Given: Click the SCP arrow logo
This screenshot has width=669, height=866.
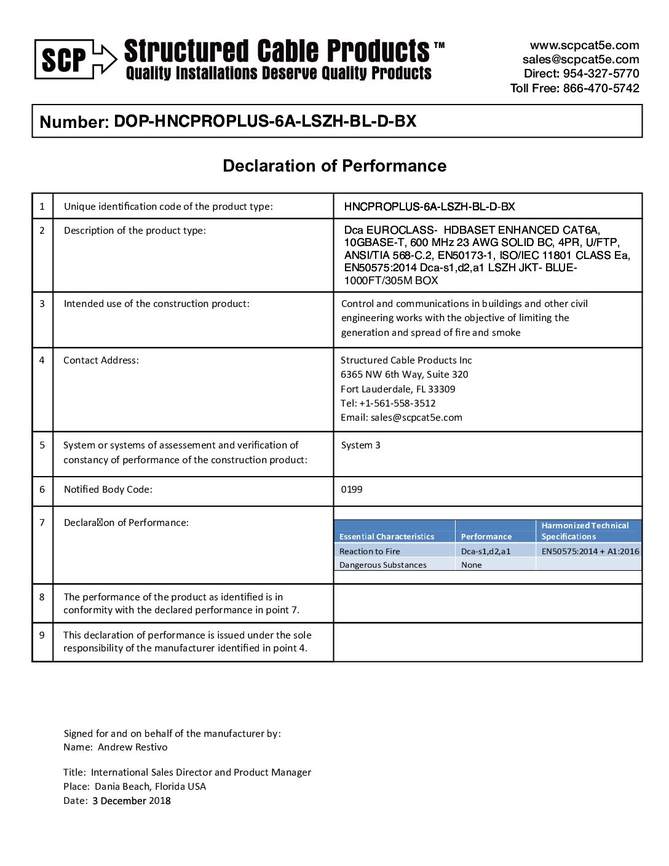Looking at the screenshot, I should [75, 60].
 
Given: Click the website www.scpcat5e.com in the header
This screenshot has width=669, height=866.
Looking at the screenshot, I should [584, 46].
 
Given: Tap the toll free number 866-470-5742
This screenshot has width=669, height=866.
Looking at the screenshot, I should [601, 88].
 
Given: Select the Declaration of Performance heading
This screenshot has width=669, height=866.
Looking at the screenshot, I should [334, 166].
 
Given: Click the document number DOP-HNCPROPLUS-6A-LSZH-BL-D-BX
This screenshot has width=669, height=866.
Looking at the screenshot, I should [265, 121].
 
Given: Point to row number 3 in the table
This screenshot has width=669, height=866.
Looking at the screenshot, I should [42, 303].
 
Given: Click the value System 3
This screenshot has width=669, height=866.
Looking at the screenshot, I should [360, 445].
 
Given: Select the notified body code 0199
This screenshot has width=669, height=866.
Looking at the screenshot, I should [352, 490].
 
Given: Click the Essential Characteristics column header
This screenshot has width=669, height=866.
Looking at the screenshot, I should [387, 537].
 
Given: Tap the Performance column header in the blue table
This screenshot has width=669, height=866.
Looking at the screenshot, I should [486, 537].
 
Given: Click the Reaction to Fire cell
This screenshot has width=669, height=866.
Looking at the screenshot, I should [370, 552].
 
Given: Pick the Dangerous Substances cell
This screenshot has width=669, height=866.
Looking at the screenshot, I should [382, 565].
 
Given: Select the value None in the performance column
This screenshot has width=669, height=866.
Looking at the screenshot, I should [472, 565].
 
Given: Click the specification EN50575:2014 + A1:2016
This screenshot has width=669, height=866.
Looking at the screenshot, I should [590, 552].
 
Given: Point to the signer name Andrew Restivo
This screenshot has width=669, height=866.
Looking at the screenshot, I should [132, 747].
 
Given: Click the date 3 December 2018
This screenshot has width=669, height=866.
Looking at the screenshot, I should [132, 801].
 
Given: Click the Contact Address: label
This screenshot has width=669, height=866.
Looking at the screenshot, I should [101, 360].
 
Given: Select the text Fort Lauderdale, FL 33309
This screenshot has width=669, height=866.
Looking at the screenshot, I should [398, 389].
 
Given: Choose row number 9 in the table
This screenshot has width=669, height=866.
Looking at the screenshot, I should [42, 635].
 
